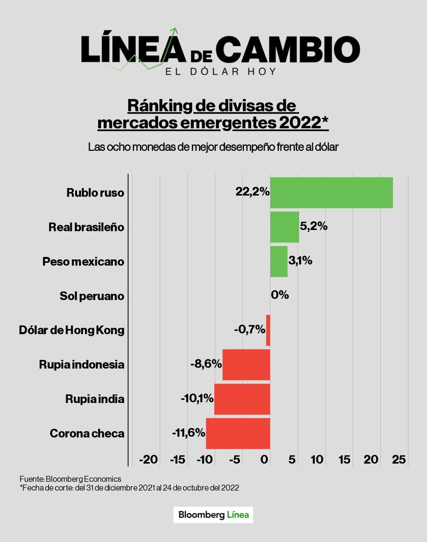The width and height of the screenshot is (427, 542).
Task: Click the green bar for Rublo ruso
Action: [x=331, y=193]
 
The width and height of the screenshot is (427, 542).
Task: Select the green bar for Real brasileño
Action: [x=284, y=227]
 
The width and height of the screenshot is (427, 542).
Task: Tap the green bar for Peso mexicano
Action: [x=278, y=261]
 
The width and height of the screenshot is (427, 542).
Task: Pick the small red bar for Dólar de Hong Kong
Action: [x=268, y=330]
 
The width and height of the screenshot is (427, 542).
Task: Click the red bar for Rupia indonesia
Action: [x=246, y=365]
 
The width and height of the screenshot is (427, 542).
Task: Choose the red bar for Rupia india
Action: [x=242, y=399]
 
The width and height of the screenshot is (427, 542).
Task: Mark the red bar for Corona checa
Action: [x=238, y=433]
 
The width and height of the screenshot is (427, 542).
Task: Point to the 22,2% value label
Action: [x=252, y=192]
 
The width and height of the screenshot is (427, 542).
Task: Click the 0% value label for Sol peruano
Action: [x=280, y=295]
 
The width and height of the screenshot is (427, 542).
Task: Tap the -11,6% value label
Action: [x=188, y=433]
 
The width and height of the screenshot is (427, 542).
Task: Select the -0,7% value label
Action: [x=249, y=330]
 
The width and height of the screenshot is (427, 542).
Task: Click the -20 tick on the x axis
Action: [x=149, y=460]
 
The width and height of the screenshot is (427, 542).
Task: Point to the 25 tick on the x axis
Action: [x=399, y=460]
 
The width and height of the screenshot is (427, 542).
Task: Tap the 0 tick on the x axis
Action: [x=265, y=460]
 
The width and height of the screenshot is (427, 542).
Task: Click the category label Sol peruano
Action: [x=92, y=296]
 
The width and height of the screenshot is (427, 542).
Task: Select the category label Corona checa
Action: [x=87, y=433]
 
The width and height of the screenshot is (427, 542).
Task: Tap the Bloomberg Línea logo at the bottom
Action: [x=213, y=515]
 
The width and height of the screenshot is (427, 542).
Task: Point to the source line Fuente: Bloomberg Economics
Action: [x=70, y=479]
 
